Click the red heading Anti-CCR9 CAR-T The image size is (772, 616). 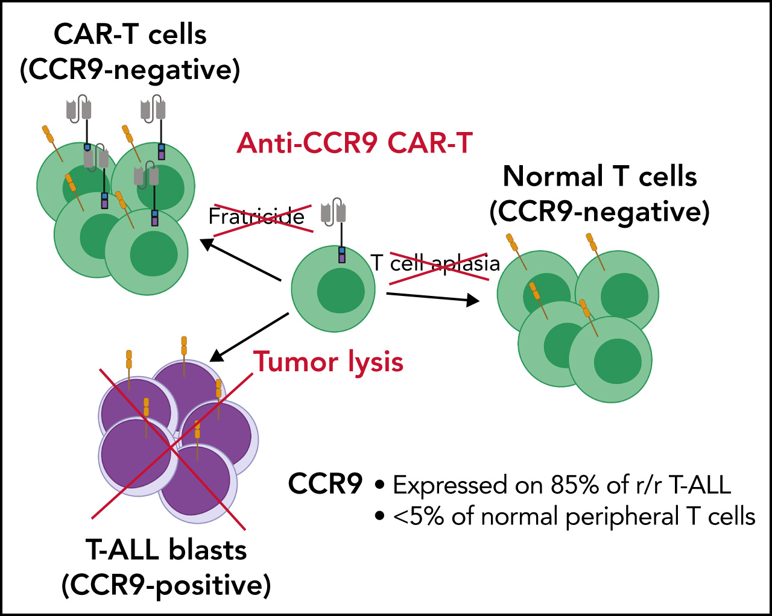click(x=354, y=143)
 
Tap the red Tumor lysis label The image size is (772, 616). click(x=328, y=362)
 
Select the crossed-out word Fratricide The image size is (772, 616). click(x=256, y=216)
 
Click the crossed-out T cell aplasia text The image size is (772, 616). click(x=435, y=263)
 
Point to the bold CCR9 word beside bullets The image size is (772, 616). click(x=326, y=484)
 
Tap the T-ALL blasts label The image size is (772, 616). click(x=166, y=550)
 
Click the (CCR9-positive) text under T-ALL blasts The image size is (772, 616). click(x=166, y=585)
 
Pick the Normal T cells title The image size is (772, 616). click(x=600, y=177)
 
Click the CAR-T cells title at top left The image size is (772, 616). click(x=130, y=34)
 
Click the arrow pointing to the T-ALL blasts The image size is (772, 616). click(x=248, y=338)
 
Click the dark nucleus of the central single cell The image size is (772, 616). click(x=341, y=291)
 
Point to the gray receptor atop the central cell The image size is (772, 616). click(x=334, y=212)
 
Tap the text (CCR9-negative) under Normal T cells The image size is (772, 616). click(x=600, y=212)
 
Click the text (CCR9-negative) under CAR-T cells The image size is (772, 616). click(x=130, y=70)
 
